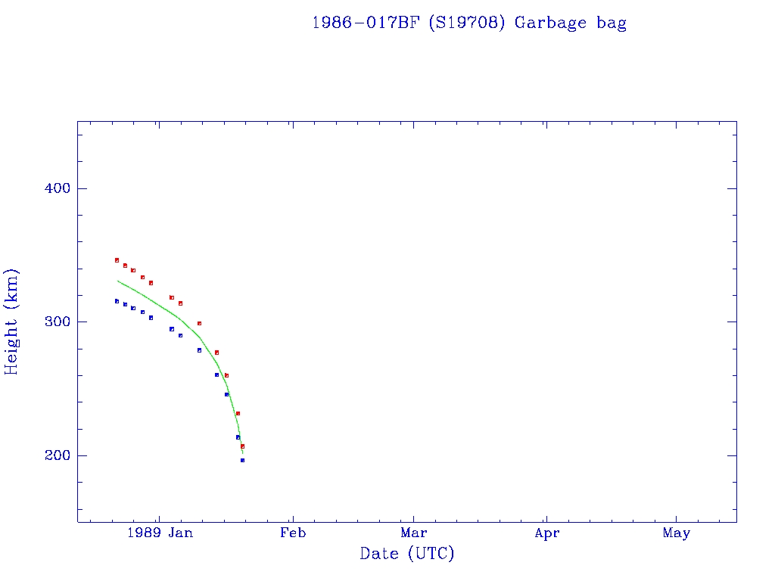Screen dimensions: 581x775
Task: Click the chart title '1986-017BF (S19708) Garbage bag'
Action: [469, 23]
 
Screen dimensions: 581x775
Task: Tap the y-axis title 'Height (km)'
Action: [11, 322]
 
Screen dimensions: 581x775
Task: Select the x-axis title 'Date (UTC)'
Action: [407, 554]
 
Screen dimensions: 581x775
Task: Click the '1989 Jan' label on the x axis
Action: [160, 533]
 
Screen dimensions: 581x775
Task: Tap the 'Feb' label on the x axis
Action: [293, 533]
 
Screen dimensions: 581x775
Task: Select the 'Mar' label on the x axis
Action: [414, 533]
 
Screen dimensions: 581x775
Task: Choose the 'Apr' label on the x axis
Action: [546, 533]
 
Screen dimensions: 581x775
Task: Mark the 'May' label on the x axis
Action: [676, 533]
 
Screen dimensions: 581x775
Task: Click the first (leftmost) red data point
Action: [117, 260]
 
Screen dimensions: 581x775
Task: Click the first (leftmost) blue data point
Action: [117, 301]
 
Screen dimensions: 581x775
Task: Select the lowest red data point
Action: [242, 446]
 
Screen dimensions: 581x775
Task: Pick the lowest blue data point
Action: [242, 460]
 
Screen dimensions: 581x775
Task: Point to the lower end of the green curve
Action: [242, 452]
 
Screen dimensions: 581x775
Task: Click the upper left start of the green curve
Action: [117, 281]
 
